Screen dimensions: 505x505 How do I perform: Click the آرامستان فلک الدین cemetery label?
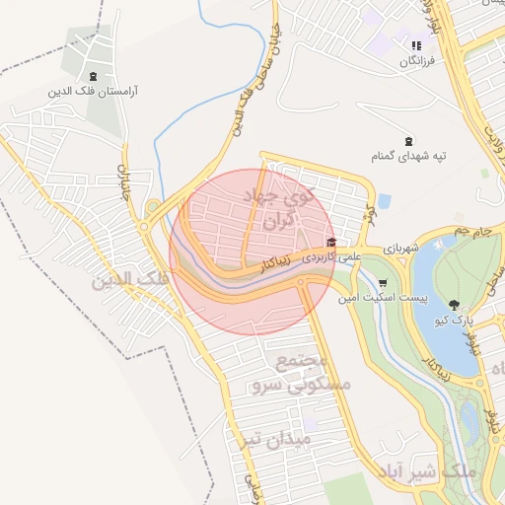pyautogui.click(x=93, y=91)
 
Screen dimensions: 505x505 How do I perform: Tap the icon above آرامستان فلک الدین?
pyautogui.click(x=93, y=77)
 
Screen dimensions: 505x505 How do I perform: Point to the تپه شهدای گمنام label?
pyautogui.click(x=408, y=155)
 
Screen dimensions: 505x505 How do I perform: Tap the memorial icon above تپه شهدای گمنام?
pyautogui.click(x=408, y=140)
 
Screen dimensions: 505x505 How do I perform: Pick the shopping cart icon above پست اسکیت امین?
pyautogui.click(x=383, y=282)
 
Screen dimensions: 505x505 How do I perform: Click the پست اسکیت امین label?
pyautogui.click(x=382, y=296)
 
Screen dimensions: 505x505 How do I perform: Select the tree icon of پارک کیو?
pyautogui.click(x=455, y=305)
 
